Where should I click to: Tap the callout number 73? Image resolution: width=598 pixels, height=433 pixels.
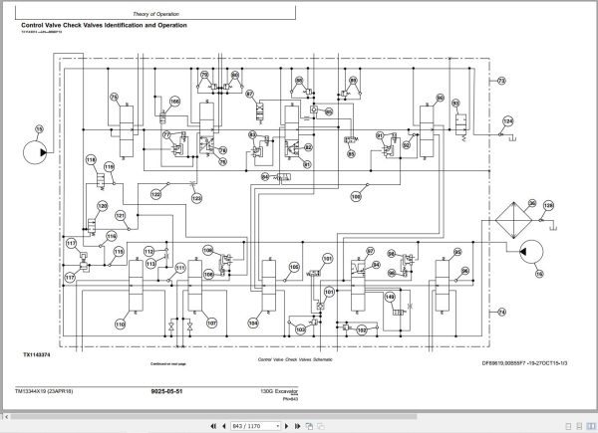[501, 80]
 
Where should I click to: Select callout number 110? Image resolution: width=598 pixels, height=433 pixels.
[120, 324]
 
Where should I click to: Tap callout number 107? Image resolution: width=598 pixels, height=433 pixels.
[211, 324]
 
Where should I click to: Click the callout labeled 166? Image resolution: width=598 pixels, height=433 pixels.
[175, 101]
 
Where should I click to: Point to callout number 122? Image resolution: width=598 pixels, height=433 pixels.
[154, 195]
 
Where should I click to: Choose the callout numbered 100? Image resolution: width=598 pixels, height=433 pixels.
[356, 195]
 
